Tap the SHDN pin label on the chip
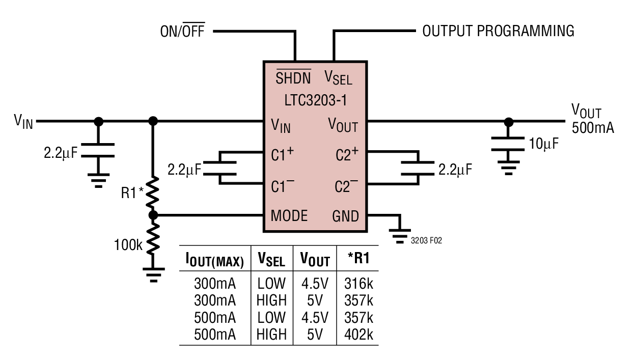click(293, 77)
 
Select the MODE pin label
click(289, 216)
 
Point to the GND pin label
click(345, 216)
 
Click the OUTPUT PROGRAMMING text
click(498, 31)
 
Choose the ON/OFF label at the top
click(182, 32)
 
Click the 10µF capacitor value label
click(543, 144)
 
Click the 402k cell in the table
click(358, 334)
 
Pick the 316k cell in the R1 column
click(358, 283)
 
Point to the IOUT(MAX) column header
click(214, 260)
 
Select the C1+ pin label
click(283, 154)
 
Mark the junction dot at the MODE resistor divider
click(153, 215)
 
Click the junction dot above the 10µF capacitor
click(508, 121)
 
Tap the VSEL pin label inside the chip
click(338, 77)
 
